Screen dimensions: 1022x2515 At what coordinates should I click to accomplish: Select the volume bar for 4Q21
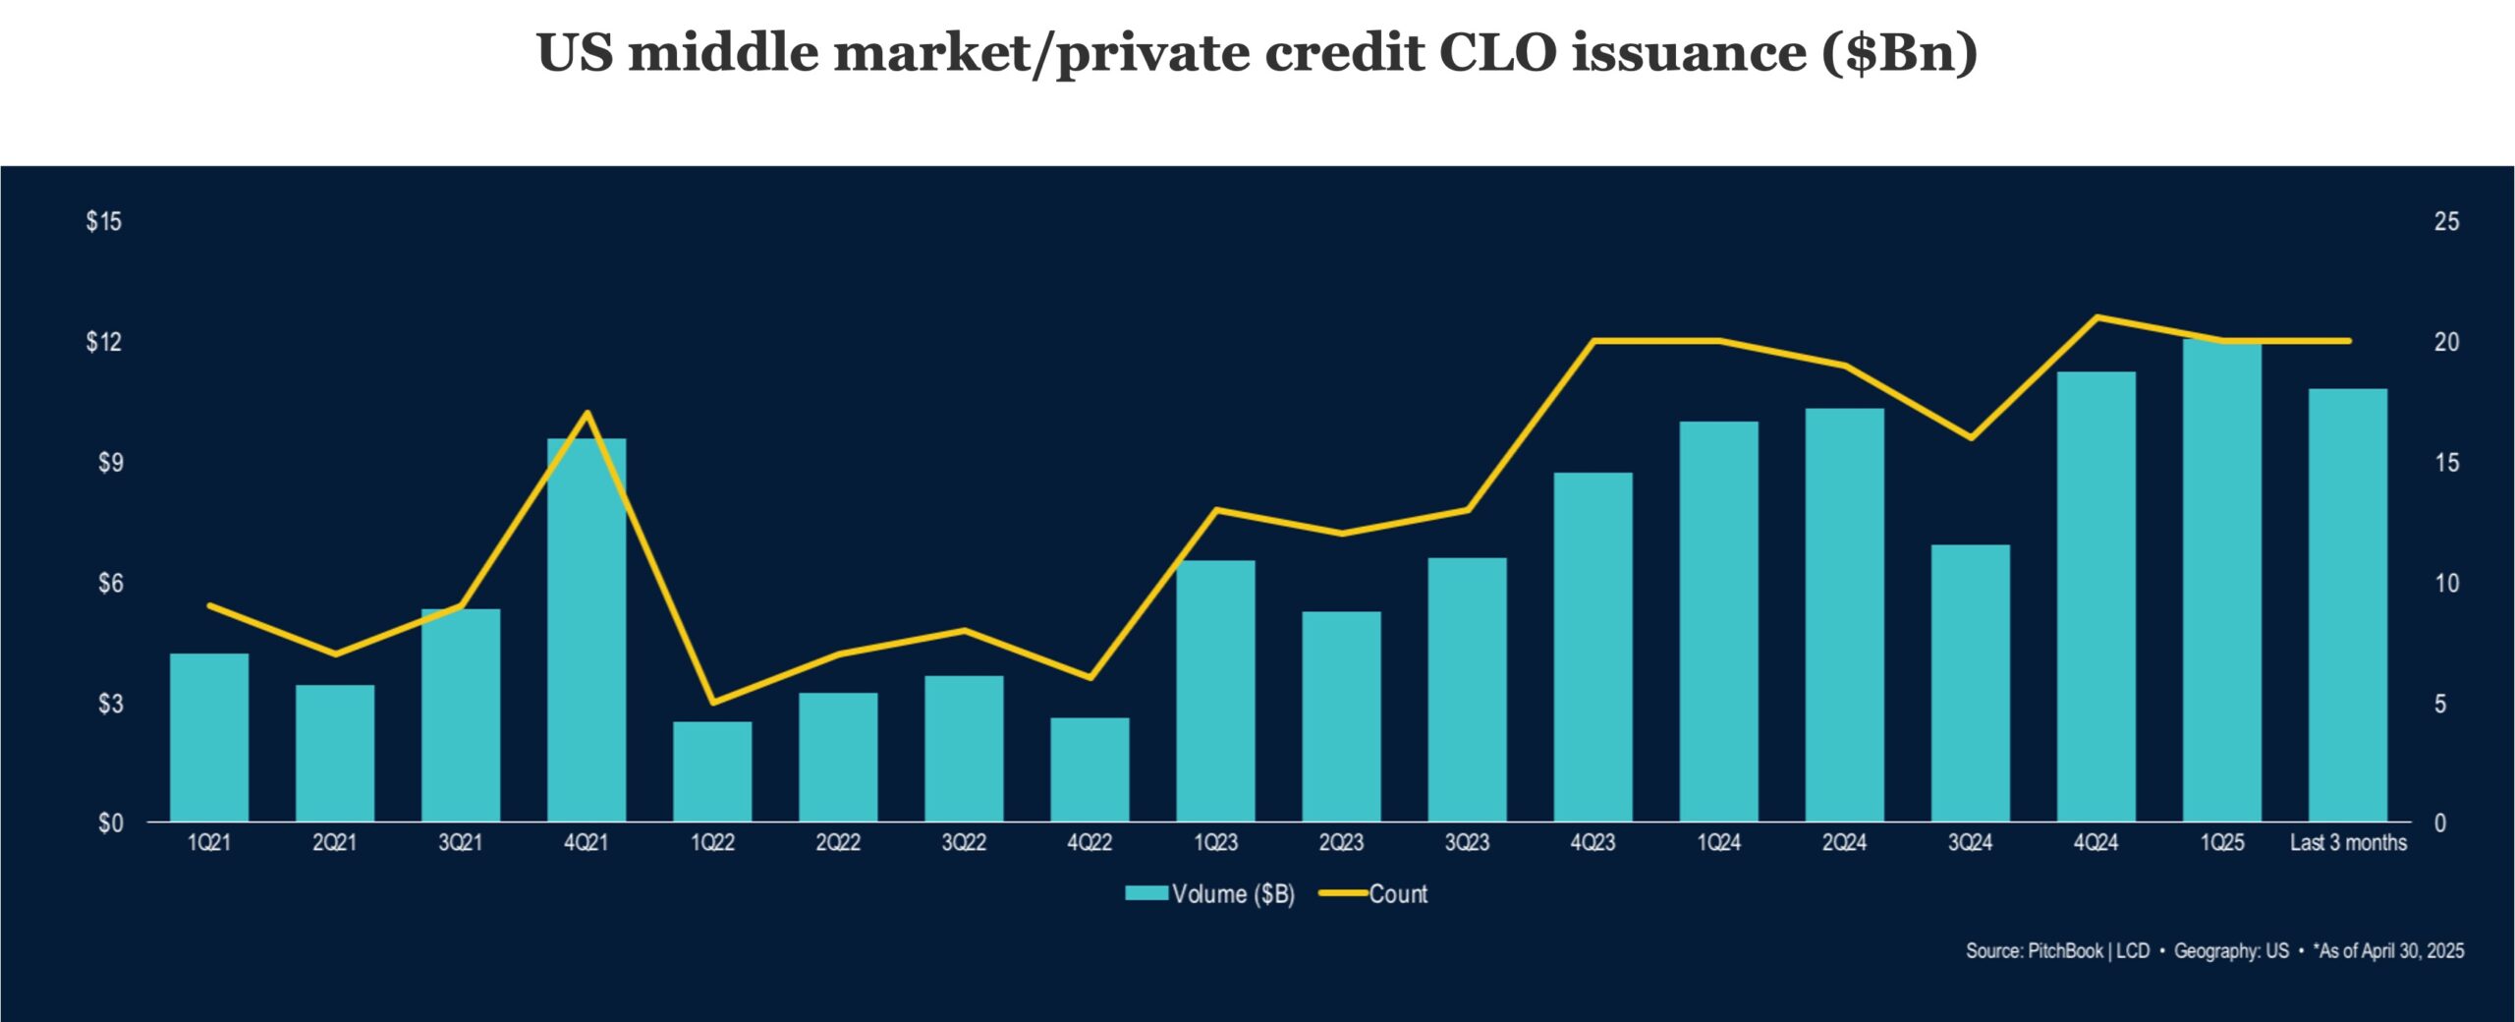(x=587, y=629)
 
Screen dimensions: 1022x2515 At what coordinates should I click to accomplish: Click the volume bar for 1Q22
(x=712, y=771)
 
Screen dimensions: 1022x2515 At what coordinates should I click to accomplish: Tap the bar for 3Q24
(x=1970, y=683)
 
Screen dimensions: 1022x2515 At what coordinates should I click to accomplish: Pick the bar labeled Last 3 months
(x=2347, y=604)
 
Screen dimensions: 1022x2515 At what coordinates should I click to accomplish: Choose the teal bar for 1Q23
(x=1215, y=690)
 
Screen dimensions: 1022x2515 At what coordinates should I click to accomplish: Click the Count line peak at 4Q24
(x=2096, y=317)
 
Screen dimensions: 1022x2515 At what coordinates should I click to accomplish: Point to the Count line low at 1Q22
(x=712, y=703)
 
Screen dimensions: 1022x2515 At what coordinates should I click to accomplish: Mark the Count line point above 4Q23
(x=1593, y=341)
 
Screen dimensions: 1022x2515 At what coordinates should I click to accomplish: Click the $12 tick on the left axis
(x=104, y=342)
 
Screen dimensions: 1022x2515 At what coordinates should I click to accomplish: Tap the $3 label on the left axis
(x=109, y=704)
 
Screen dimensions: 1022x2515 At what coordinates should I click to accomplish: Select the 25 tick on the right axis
(x=2446, y=222)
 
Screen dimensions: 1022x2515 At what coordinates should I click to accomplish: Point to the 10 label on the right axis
(x=2446, y=584)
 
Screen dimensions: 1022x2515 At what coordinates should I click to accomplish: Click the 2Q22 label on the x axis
(x=838, y=843)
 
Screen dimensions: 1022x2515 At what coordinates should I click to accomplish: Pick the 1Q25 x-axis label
(x=2222, y=843)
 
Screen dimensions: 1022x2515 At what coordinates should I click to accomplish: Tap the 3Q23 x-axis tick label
(x=1467, y=843)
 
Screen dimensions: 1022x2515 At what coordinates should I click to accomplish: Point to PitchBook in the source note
(x=2066, y=951)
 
